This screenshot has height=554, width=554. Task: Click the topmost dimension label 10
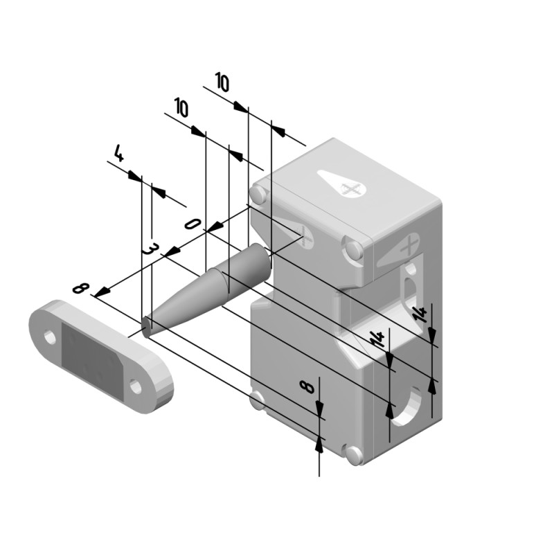pos(222,82)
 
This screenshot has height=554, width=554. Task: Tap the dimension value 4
pos(118,153)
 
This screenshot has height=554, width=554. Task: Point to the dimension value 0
pos(193,224)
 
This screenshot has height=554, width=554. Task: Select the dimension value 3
pos(148,249)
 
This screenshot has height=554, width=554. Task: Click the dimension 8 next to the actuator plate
pos(79,287)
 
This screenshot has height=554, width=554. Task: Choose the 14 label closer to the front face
pos(377,339)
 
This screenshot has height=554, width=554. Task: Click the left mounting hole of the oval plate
pos(50,337)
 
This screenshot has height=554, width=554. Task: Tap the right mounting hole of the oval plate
pos(136,386)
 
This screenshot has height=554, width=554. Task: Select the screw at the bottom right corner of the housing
pos(354,454)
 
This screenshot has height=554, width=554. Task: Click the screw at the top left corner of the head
pos(258,195)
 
